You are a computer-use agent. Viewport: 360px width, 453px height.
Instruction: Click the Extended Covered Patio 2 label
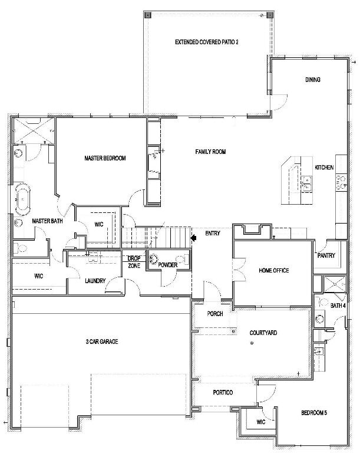(x=207, y=42)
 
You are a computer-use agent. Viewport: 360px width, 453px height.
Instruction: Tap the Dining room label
(x=313, y=80)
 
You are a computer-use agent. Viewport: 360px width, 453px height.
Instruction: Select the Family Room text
(x=210, y=152)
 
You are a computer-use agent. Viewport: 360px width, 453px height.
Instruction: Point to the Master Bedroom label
(x=105, y=158)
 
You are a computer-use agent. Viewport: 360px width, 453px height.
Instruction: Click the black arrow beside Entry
(x=193, y=238)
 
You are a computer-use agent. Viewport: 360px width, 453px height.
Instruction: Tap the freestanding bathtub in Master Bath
(x=22, y=199)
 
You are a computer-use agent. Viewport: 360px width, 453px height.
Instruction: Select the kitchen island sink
(x=306, y=184)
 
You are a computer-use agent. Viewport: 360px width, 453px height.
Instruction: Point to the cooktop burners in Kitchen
(x=341, y=182)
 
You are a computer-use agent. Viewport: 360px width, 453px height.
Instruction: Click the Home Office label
(x=273, y=270)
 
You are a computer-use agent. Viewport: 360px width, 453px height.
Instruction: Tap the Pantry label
(x=326, y=255)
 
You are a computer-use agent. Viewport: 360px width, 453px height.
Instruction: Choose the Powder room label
(x=168, y=265)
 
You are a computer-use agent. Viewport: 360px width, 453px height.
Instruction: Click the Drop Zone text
(x=134, y=262)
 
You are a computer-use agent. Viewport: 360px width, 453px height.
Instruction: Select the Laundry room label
(x=95, y=281)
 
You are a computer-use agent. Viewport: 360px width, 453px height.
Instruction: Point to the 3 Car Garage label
(x=102, y=342)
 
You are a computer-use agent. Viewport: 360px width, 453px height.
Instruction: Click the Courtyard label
(x=263, y=333)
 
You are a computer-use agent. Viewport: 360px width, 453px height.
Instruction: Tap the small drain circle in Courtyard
(x=252, y=343)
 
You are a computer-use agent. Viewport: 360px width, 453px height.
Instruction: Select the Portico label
(x=223, y=392)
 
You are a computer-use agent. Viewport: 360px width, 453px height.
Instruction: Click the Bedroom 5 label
(x=314, y=412)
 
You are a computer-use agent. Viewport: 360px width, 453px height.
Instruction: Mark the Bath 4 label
(x=338, y=306)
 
